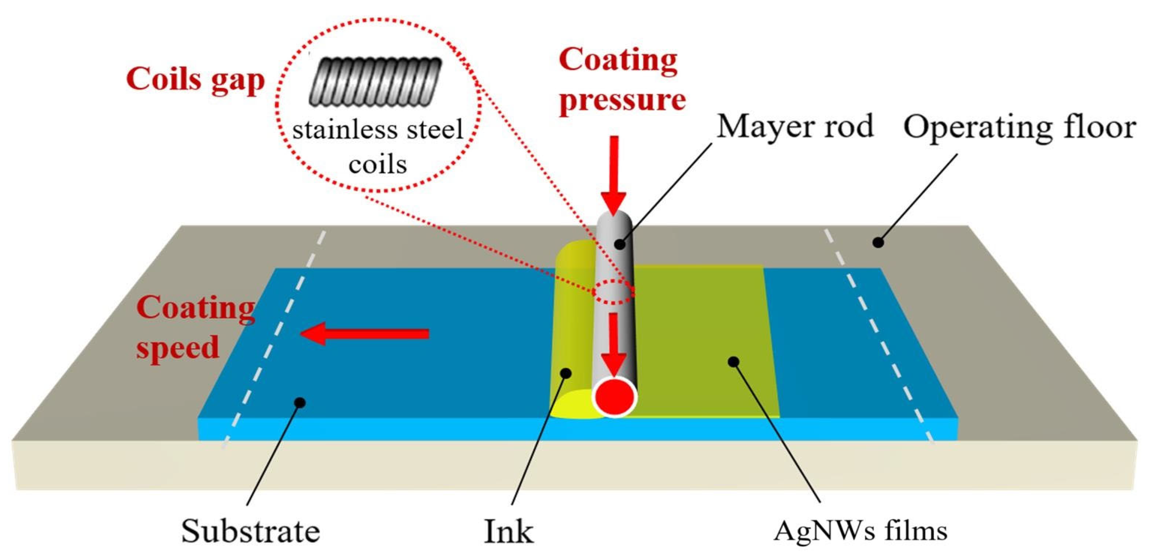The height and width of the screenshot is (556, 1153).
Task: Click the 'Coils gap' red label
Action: point(195,81)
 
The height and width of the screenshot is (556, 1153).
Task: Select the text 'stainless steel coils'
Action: point(377,147)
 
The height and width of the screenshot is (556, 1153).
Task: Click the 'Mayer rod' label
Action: point(795,127)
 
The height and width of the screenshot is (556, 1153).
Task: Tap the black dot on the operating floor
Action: point(879,243)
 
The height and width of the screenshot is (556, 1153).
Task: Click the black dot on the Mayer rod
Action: point(619,244)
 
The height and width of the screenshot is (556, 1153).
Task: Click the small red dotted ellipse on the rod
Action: point(613,292)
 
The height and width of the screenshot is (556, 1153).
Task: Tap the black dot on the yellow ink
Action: point(567,372)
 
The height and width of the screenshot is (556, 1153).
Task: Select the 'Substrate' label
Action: point(251,531)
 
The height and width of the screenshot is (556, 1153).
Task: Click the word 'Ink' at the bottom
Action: point(509,532)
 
